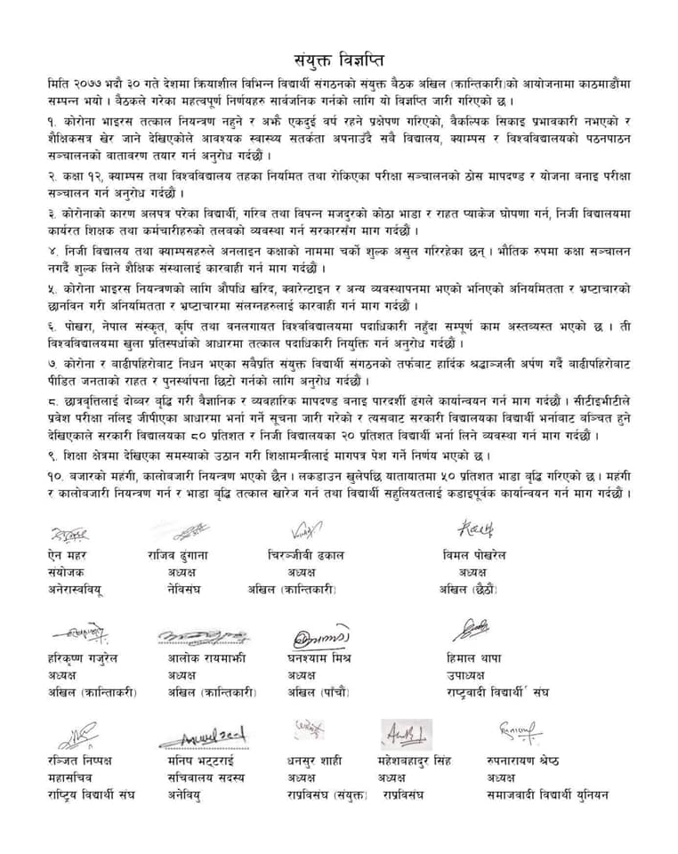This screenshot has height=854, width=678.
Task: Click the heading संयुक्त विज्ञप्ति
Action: pos(338,60)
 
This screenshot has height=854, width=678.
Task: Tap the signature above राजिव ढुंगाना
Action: pos(191,531)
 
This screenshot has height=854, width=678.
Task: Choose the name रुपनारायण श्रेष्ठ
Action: pos(527,761)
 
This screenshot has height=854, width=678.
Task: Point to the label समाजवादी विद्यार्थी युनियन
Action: pos(547,794)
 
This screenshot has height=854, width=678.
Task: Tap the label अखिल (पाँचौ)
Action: pos(319,692)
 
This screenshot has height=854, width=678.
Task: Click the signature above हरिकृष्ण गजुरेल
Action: pos(81,633)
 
